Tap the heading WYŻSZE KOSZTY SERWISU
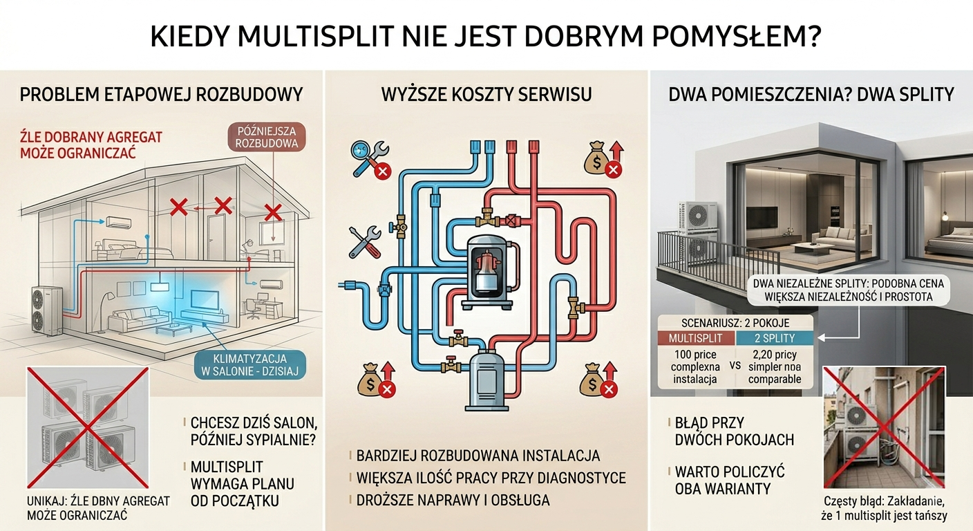486,94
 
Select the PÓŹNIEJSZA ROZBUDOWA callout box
267,137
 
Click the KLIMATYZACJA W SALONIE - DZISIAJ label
249,365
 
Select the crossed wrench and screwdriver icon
365,242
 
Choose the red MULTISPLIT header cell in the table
696,338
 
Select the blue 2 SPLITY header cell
774,338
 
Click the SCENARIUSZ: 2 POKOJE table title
735,323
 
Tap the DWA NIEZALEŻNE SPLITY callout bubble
849,290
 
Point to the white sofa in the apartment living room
836,237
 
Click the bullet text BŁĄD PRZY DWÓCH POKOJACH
734,431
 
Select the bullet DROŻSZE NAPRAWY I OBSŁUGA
453,500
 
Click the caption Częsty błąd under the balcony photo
884,508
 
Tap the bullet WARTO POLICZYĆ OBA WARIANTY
730,480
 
